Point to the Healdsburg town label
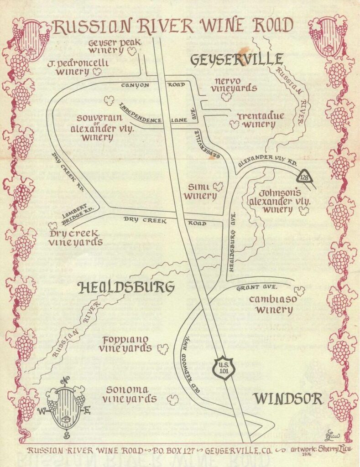pos(126,288)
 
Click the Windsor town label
pos(288,399)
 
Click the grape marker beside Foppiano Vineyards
pos(162,349)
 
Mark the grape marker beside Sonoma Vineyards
pos(172,400)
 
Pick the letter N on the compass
pos(66,381)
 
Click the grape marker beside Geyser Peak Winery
pos(132,52)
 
